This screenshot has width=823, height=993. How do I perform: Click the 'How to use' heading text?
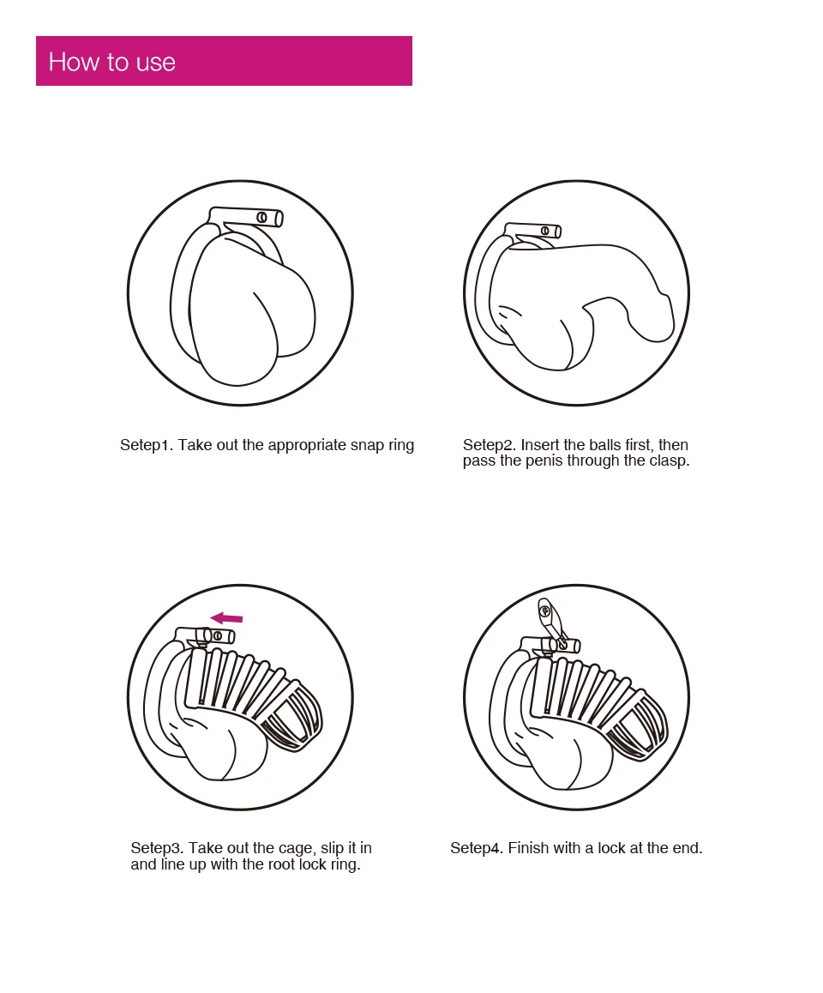tap(112, 62)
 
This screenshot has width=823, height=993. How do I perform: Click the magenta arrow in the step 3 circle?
tap(226, 618)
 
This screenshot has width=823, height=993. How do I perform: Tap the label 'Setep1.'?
tap(147, 446)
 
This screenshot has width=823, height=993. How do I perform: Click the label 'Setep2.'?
tap(490, 445)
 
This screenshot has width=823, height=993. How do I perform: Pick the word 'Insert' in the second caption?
tap(540, 445)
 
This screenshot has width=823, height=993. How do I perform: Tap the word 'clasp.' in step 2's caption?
tap(670, 461)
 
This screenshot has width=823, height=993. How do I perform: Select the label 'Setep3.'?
tap(158, 848)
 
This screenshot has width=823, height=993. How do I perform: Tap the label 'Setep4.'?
tap(477, 848)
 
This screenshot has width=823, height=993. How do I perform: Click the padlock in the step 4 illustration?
tap(550, 621)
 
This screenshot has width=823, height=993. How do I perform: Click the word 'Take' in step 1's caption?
tap(195, 446)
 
